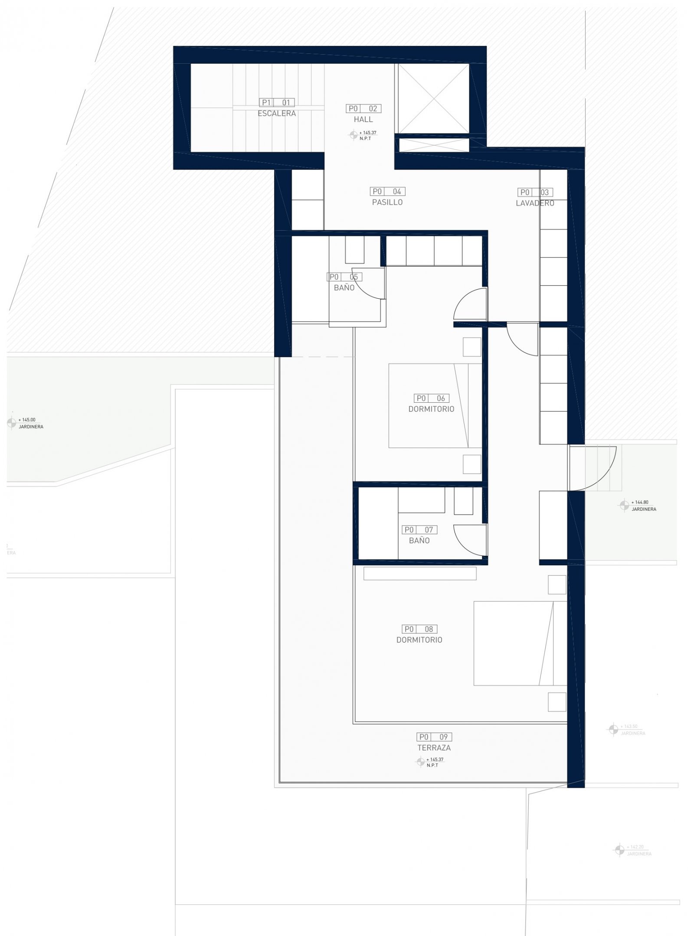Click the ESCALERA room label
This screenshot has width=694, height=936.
pos(277,114)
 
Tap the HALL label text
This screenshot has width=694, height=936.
pos(363,119)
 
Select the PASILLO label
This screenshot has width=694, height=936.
pos(387,202)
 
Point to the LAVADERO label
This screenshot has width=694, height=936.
pos(535,203)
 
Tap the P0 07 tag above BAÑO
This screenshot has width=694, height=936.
pos(419,530)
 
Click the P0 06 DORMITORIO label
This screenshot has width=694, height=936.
pos(431,408)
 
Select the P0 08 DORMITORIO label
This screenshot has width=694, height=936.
pos(419,639)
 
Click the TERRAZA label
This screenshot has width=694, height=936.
pos(434,747)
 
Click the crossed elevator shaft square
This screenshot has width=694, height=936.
pos(434,98)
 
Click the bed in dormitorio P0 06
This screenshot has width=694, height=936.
pos(429,405)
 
